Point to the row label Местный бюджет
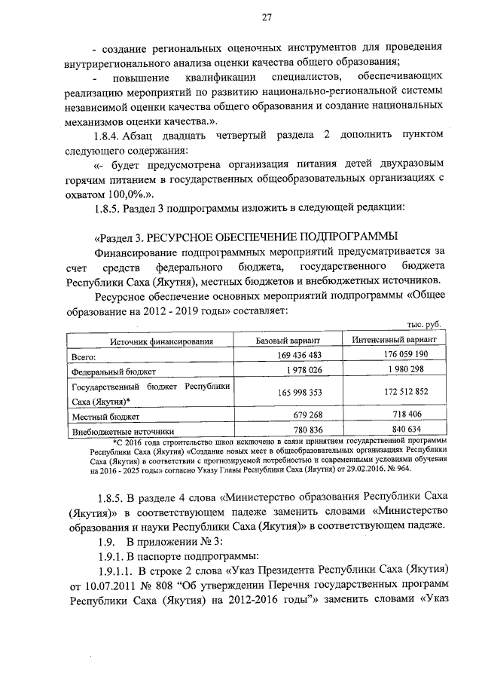point(102,416)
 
